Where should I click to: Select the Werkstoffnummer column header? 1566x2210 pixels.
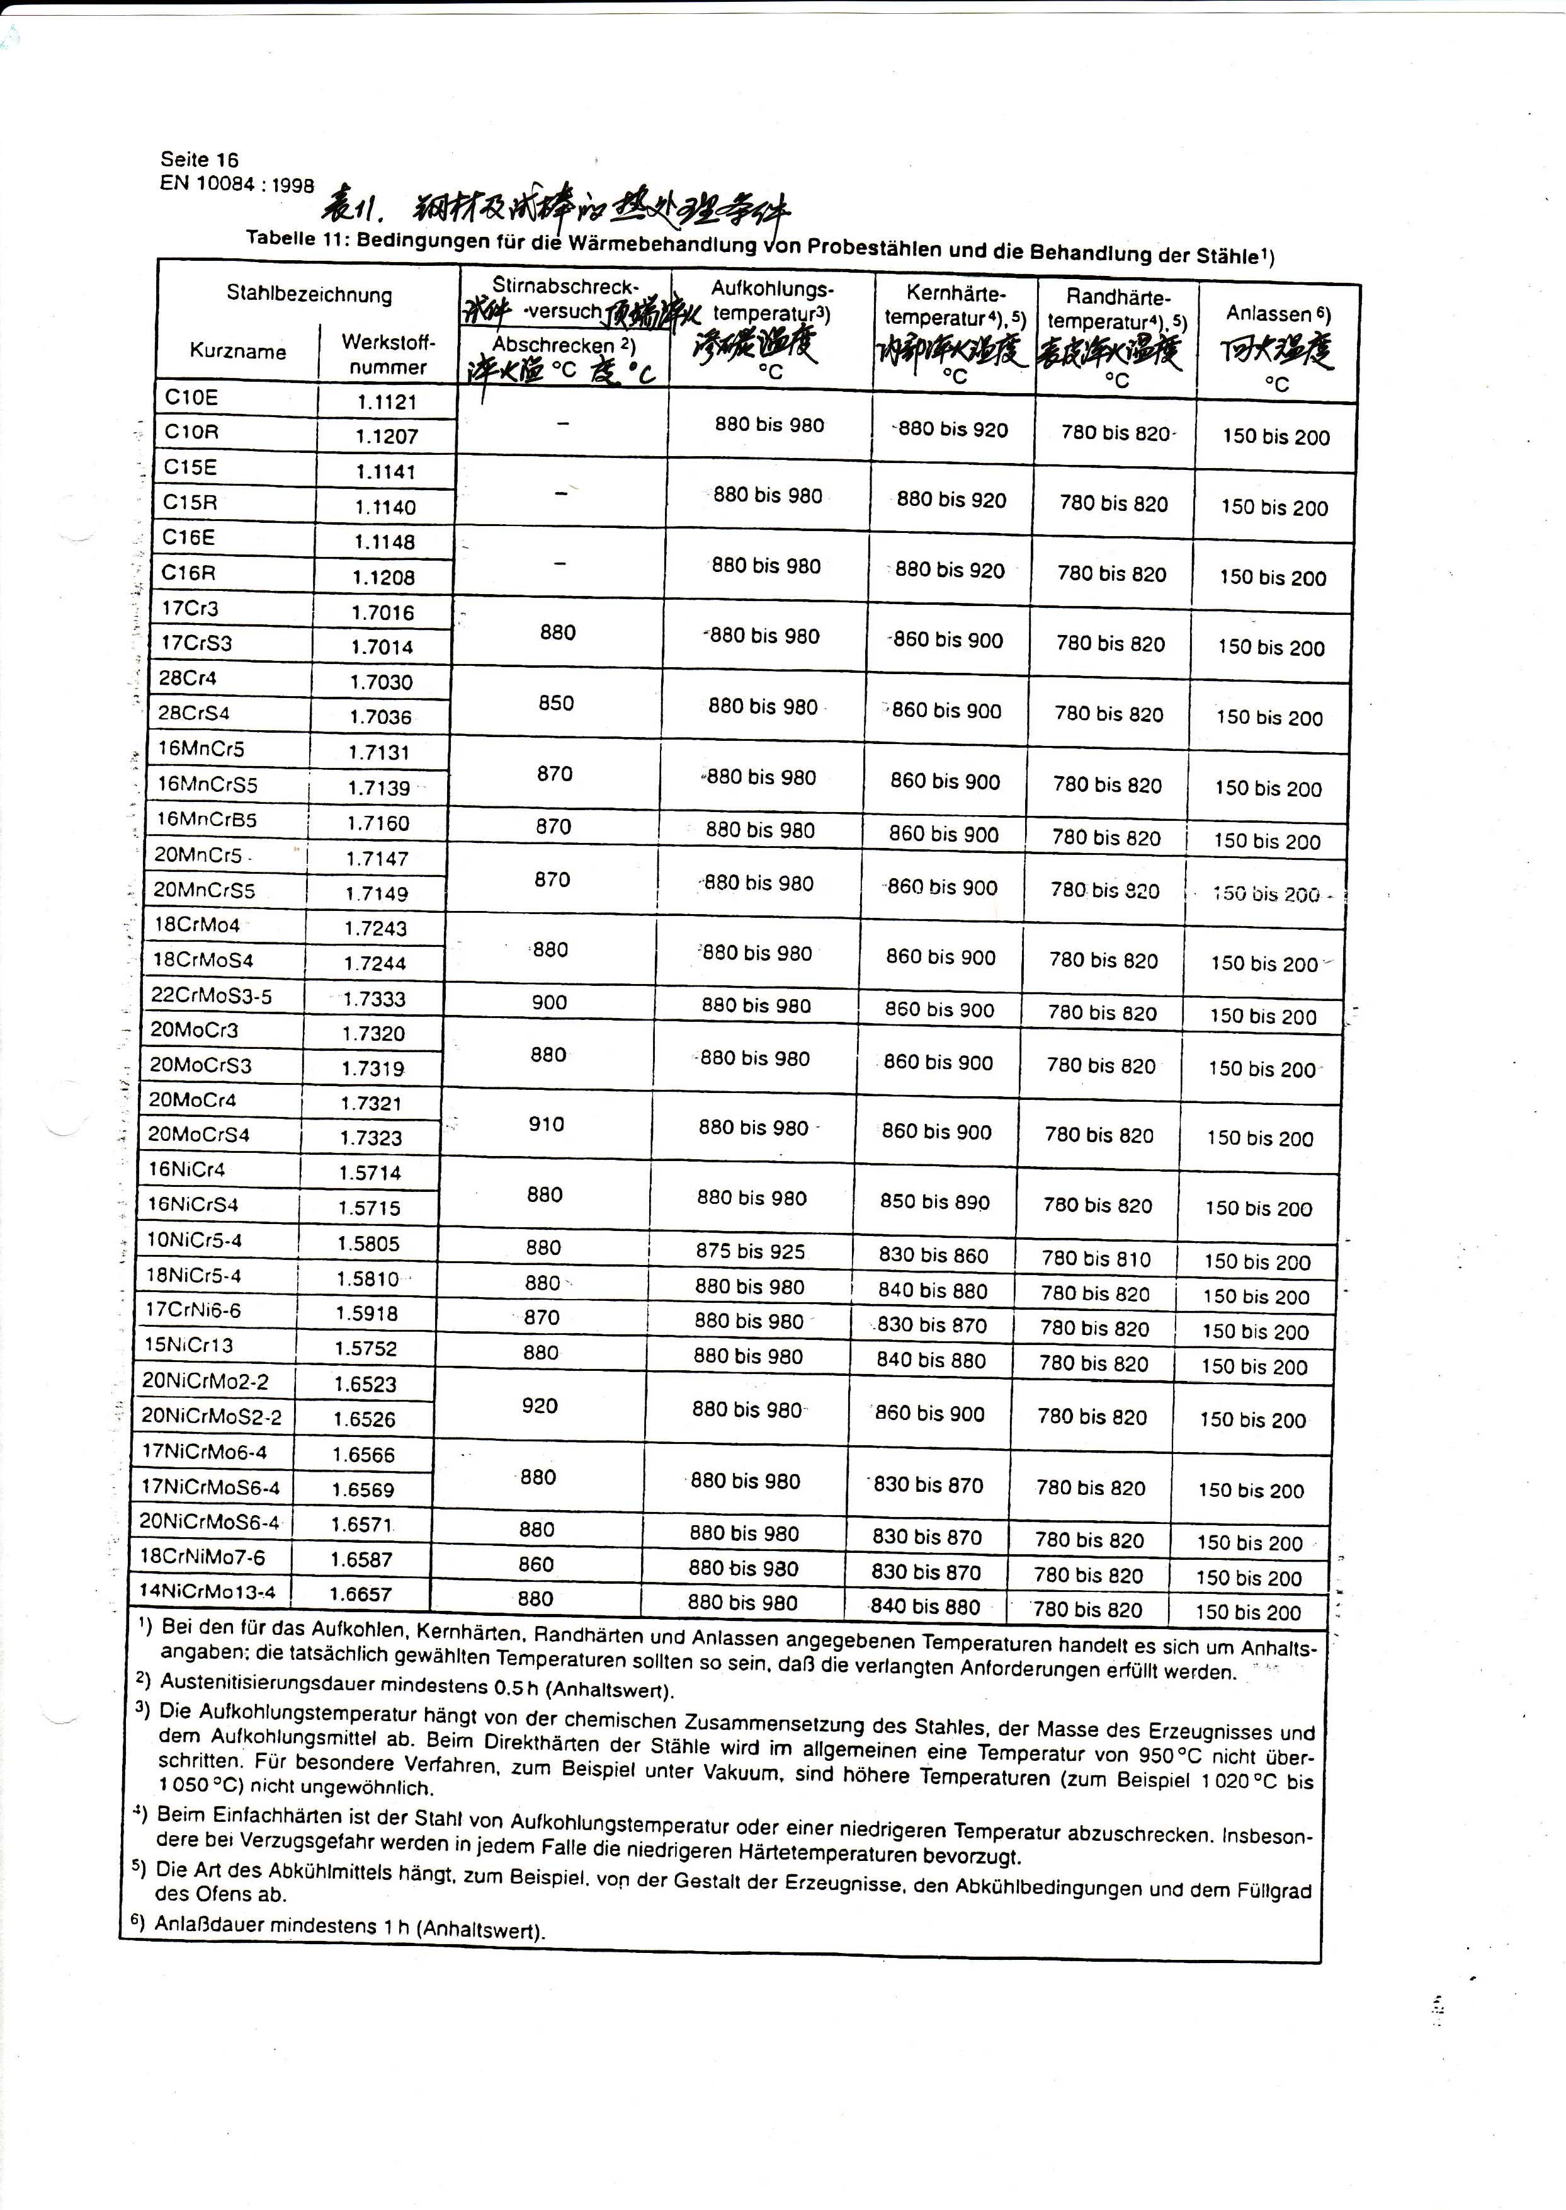(388, 354)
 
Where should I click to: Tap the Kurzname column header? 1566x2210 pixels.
(237, 350)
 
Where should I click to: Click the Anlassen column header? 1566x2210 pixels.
(1278, 314)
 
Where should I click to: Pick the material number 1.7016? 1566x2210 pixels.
(383, 612)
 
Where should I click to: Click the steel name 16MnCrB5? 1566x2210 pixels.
(207, 820)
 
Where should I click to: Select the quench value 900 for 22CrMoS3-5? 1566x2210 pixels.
(548, 1002)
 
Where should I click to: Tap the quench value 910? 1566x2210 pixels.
(546, 1124)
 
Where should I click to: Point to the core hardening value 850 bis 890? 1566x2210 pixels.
(934, 1202)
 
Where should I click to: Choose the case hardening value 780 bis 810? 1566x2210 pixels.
(1096, 1259)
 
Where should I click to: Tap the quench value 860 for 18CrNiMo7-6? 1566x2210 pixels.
(536, 1564)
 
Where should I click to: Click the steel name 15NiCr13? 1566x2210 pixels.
(188, 1345)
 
